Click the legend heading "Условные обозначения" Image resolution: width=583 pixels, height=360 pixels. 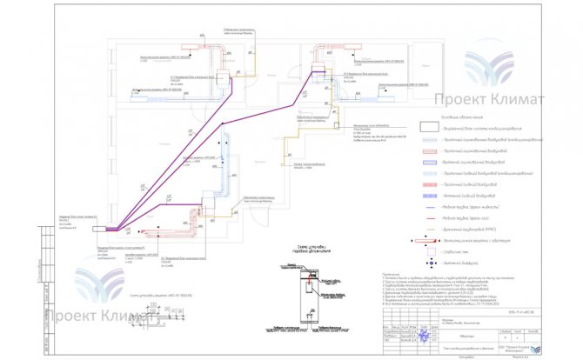[x=460, y=115]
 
